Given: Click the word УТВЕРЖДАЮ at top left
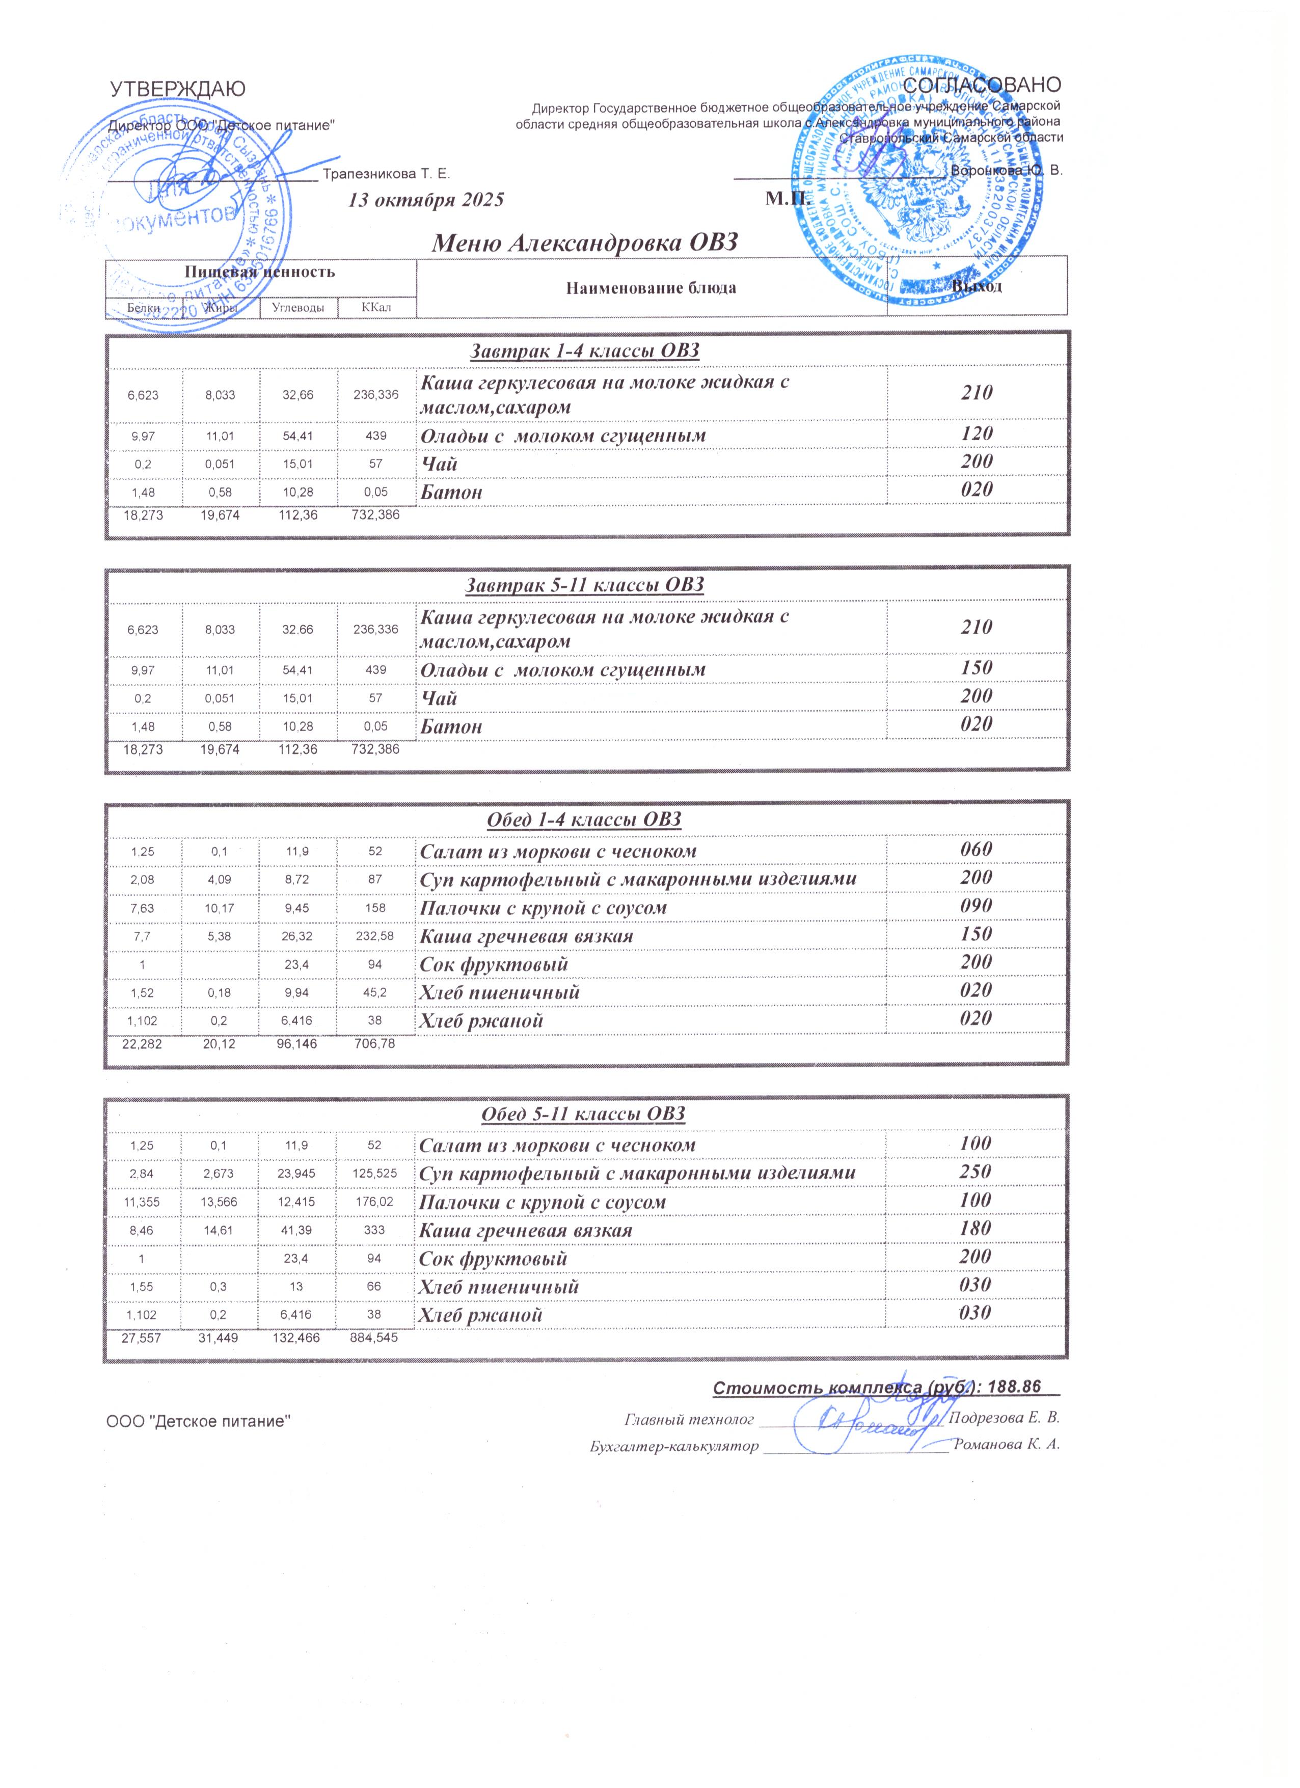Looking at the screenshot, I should [177, 89].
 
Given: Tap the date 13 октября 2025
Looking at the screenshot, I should [426, 200].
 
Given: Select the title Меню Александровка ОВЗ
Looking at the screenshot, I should [584, 242].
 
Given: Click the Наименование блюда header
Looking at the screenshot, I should [651, 288].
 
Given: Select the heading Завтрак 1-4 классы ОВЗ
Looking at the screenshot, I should [584, 351].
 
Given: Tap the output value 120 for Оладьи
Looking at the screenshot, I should [976, 434].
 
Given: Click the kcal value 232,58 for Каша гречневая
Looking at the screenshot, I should [375, 936].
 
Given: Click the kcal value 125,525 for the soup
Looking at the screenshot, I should [375, 1173].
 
